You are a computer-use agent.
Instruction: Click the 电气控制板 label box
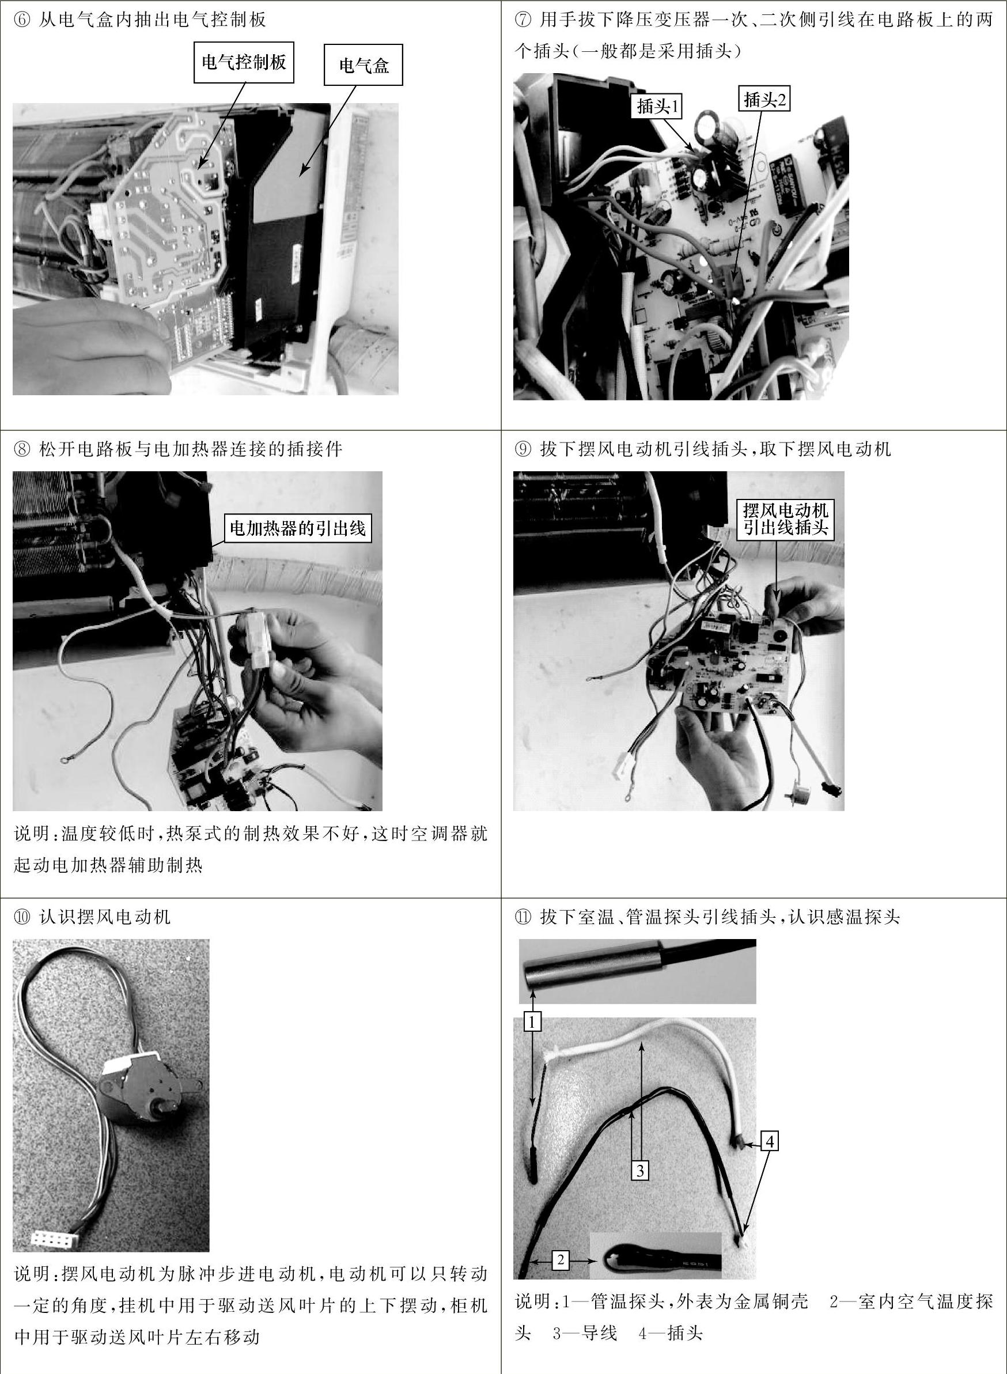point(244,62)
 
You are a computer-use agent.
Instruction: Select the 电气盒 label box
point(364,65)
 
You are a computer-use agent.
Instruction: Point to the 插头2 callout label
point(764,99)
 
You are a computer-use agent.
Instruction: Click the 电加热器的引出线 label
point(297,528)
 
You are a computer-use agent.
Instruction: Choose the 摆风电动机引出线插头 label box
point(786,518)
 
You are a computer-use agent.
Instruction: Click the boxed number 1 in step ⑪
point(532,1021)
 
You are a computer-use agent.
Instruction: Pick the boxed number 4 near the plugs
point(770,1141)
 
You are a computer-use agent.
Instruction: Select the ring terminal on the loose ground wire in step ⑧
point(63,759)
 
